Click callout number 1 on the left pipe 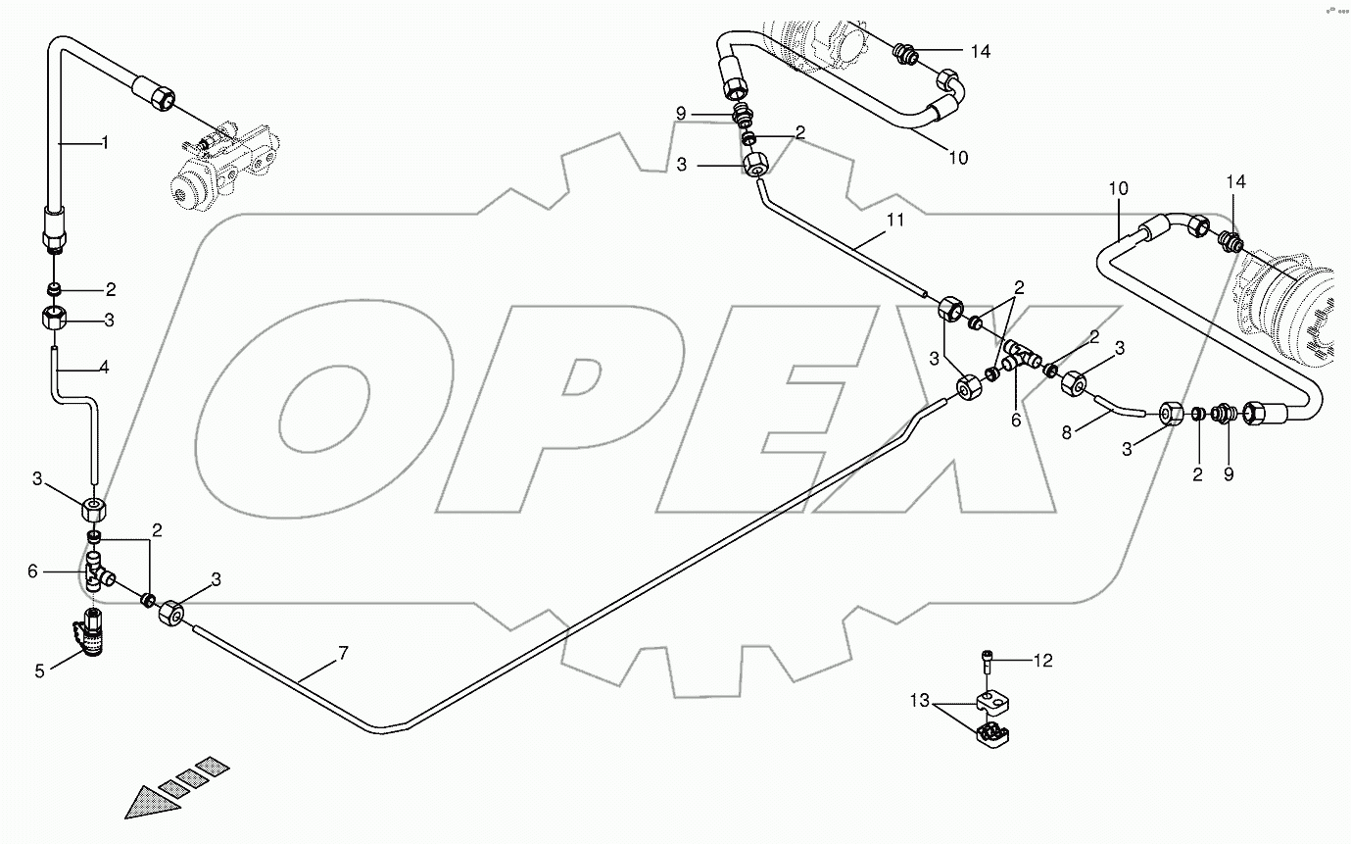[x=105, y=143]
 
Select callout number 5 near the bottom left [x=40, y=671]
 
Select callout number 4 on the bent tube [x=104, y=370]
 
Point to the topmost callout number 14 [x=981, y=51]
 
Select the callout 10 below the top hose [x=958, y=157]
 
